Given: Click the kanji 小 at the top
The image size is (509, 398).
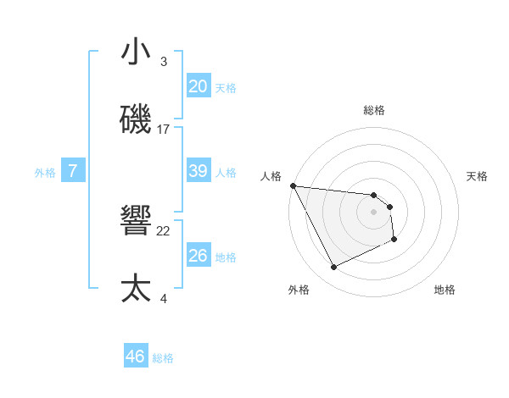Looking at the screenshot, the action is coord(136,52).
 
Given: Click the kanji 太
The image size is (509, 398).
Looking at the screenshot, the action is coord(137,289).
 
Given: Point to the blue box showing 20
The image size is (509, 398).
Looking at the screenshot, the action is coord(198,86).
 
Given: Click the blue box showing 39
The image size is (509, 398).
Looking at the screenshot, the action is coord(198,171).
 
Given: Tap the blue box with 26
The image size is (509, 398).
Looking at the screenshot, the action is coord(198,256).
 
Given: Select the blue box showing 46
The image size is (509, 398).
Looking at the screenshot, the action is coord(135,357).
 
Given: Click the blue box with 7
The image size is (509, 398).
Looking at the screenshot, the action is coord(73,171).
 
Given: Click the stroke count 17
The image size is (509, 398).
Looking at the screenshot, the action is coord(164,130).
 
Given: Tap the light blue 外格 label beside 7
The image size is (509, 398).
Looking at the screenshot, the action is coord(45,172).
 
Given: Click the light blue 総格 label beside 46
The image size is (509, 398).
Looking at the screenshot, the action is coord(163,358).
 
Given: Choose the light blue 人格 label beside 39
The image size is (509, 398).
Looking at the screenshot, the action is coord(226,172).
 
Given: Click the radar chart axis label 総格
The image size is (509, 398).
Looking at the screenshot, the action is coord(373,110).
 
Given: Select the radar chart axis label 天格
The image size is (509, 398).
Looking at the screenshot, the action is coord(478,176).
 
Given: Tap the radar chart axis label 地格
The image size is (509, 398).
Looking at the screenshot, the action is coord(445,290).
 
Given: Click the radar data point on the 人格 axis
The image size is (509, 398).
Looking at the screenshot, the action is coord(293,185).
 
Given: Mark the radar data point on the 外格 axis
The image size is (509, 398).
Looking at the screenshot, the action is coord(333,268).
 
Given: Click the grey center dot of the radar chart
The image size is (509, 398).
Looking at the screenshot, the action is coord(373,212).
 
